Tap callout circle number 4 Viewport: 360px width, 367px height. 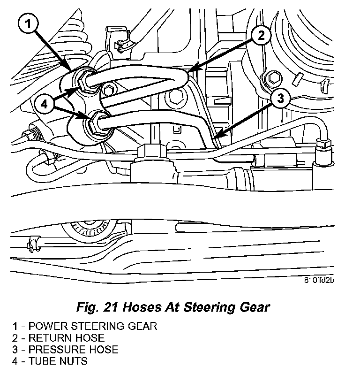pos(44,105)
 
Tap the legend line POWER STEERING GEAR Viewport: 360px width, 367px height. pos(84,326)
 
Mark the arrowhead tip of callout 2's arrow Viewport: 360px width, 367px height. pos(189,72)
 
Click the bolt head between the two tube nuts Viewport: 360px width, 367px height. pos(109,89)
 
